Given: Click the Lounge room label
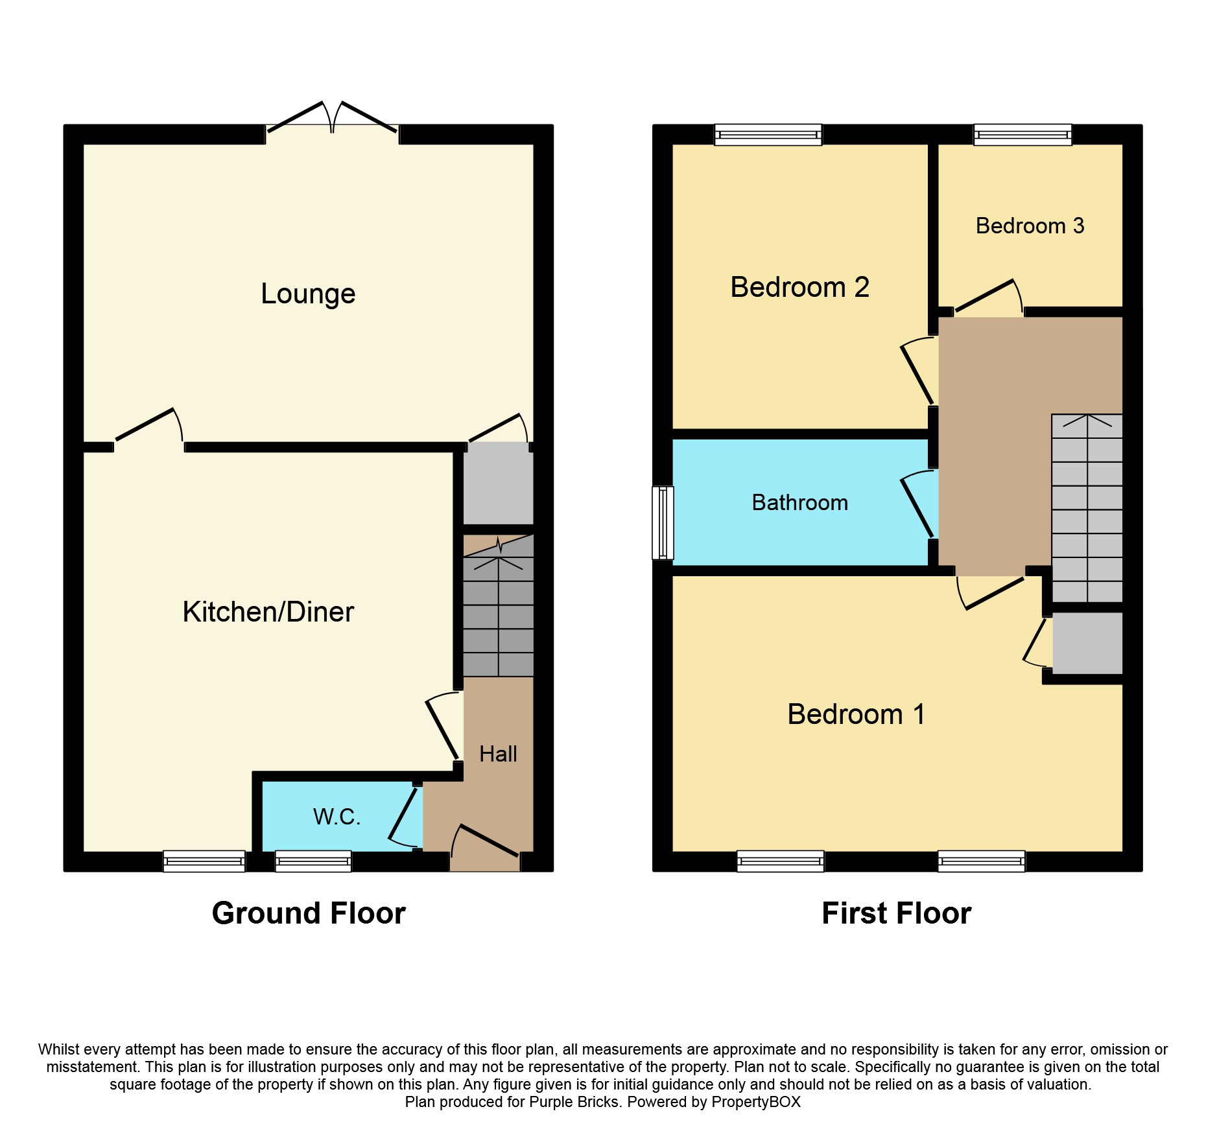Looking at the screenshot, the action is click(x=308, y=294).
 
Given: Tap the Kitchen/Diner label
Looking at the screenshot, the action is click(x=268, y=612).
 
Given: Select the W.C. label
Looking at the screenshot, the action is click(x=337, y=817).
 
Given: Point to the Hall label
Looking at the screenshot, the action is click(x=498, y=754).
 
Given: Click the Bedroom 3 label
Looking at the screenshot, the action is click(x=1030, y=226).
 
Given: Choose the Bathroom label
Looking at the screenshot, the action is click(x=800, y=502).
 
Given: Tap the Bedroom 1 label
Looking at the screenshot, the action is click(x=857, y=714).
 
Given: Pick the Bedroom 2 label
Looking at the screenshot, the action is click(x=799, y=287).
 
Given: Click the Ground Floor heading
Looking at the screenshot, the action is click(x=309, y=913).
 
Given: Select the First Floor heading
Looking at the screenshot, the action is click(x=897, y=913).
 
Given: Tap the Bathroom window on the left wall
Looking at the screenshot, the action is click(x=663, y=522).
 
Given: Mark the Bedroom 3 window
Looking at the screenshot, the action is click(x=1023, y=135).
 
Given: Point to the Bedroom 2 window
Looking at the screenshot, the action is click(x=768, y=135).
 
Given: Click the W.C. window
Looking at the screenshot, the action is click(x=313, y=861).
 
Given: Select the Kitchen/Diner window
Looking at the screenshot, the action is click(x=204, y=861).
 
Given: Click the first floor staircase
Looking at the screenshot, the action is click(x=1087, y=508).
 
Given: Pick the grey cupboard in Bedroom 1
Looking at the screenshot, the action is click(x=1087, y=643).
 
